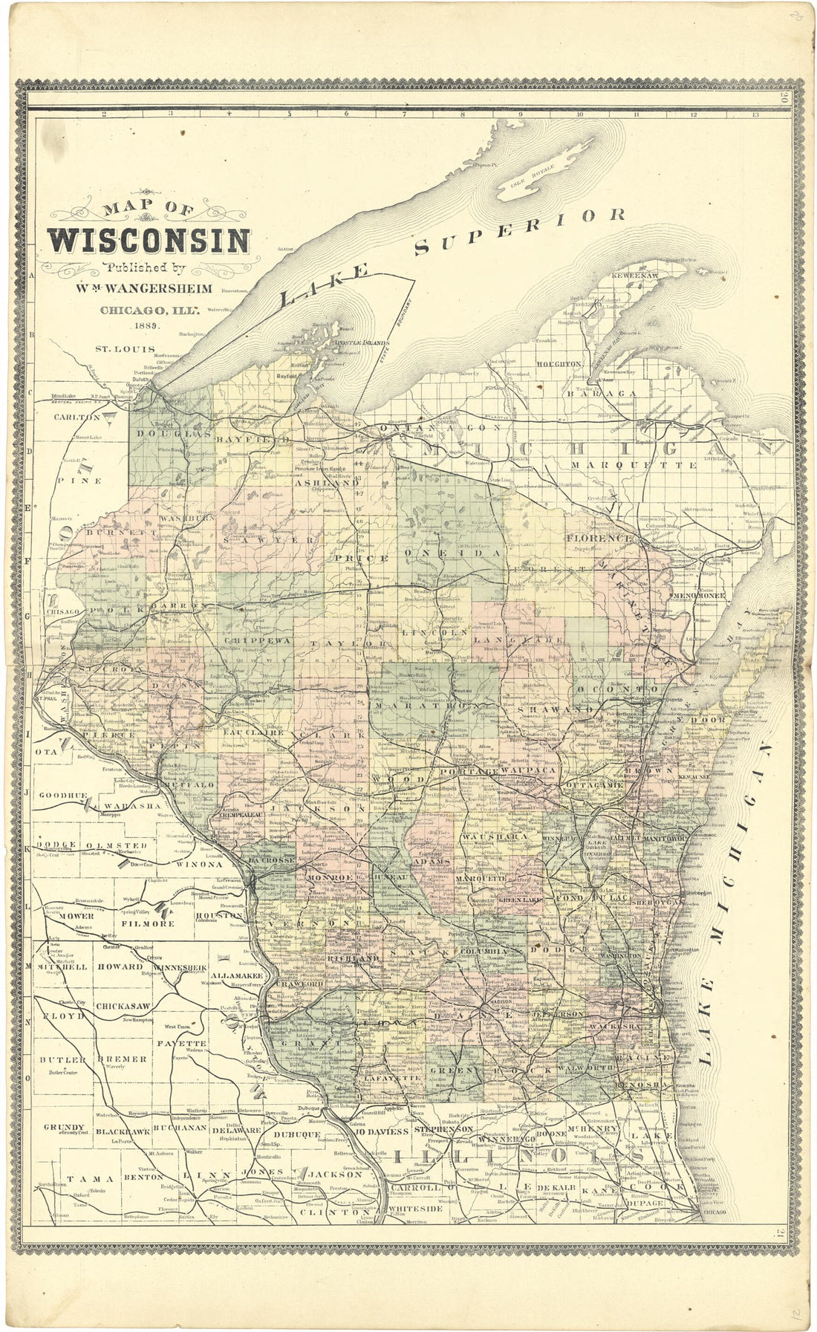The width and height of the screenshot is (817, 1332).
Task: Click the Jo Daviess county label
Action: coord(382,1131)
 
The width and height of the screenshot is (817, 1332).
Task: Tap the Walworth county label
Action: coord(587,1068)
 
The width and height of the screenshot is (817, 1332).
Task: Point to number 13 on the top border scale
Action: coord(755,114)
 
